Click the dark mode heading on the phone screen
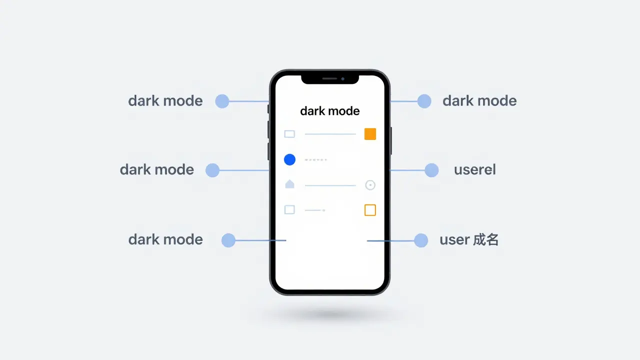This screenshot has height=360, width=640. (329, 111)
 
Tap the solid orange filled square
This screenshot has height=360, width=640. (370, 134)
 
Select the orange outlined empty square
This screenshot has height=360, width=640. (370, 210)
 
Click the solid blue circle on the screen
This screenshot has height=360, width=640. (289, 159)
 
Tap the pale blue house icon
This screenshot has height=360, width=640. (289, 184)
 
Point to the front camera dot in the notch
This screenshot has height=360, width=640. (342, 79)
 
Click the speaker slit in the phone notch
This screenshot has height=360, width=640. (329, 78)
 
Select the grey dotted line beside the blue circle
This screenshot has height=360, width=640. (315, 159)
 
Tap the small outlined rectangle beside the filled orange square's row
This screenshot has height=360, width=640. (289, 134)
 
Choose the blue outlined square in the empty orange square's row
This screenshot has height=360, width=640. (289, 209)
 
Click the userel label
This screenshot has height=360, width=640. (475, 169)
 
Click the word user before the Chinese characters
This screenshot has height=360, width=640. (454, 240)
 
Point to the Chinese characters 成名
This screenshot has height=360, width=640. (486, 239)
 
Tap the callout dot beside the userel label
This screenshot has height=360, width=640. (431, 170)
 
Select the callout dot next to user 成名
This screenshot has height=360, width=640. (421, 240)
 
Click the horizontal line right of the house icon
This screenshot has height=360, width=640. (330, 185)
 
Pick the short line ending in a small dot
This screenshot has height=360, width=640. (315, 210)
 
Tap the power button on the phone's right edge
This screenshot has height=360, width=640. (391, 140)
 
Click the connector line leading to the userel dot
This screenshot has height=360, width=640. (407, 170)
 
